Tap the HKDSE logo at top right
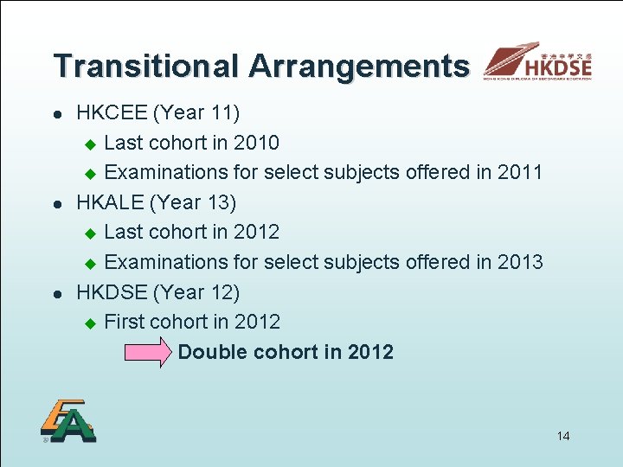pos(538,62)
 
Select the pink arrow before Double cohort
pos(149,353)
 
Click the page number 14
pos(563,436)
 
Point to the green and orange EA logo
pos(67,421)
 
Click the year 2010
pos(257,143)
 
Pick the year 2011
pos(520,172)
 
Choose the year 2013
pos(520,262)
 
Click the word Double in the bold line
pos(212,352)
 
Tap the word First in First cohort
pos(124,322)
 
